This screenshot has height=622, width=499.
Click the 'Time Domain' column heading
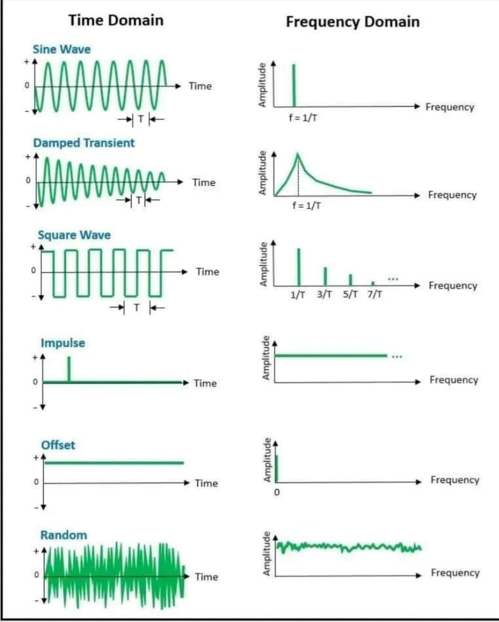[115, 20]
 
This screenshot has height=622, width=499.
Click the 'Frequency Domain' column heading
[353, 22]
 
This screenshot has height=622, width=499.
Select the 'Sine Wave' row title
[61, 49]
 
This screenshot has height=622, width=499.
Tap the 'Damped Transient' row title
[84, 143]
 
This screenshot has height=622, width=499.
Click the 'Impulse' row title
[63, 343]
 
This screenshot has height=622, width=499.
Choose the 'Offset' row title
[58, 445]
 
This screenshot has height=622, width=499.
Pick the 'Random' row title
[63, 535]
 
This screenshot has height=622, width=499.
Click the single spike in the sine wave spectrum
[294, 85]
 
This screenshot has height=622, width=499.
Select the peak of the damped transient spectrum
[298, 155]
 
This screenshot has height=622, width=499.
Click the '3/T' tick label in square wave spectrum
[325, 295]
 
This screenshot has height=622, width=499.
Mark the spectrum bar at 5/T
[350, 280]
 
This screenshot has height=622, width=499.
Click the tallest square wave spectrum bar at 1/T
[298, 267]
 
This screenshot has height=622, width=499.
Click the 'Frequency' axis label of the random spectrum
[455, 573]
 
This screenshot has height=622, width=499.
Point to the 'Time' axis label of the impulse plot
[205, 383]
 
